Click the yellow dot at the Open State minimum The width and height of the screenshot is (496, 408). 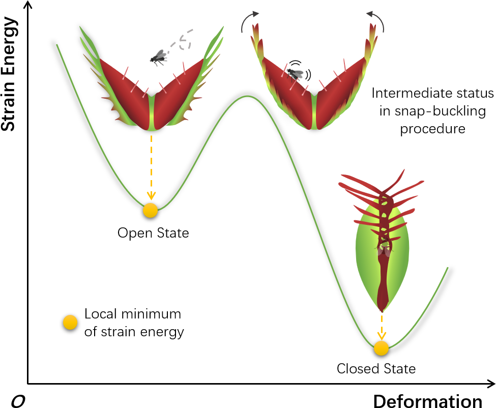tap(150, 210)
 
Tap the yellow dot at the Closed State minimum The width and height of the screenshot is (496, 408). tap(381, 348)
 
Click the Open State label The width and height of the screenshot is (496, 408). tap(153, 233)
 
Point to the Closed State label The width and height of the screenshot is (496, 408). tap(376, 368)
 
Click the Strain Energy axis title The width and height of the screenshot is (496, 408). tap(9, 74)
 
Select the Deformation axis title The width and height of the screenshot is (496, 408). tap(427, 401)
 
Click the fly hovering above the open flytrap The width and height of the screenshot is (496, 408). tap(158, 56)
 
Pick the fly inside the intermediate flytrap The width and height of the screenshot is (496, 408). tap(296, 73)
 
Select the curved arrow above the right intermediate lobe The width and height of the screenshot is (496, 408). tap(376, 21)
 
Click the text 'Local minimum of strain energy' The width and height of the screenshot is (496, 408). tap(134, 323)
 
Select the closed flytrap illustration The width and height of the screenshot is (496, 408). tap(382, 239)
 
